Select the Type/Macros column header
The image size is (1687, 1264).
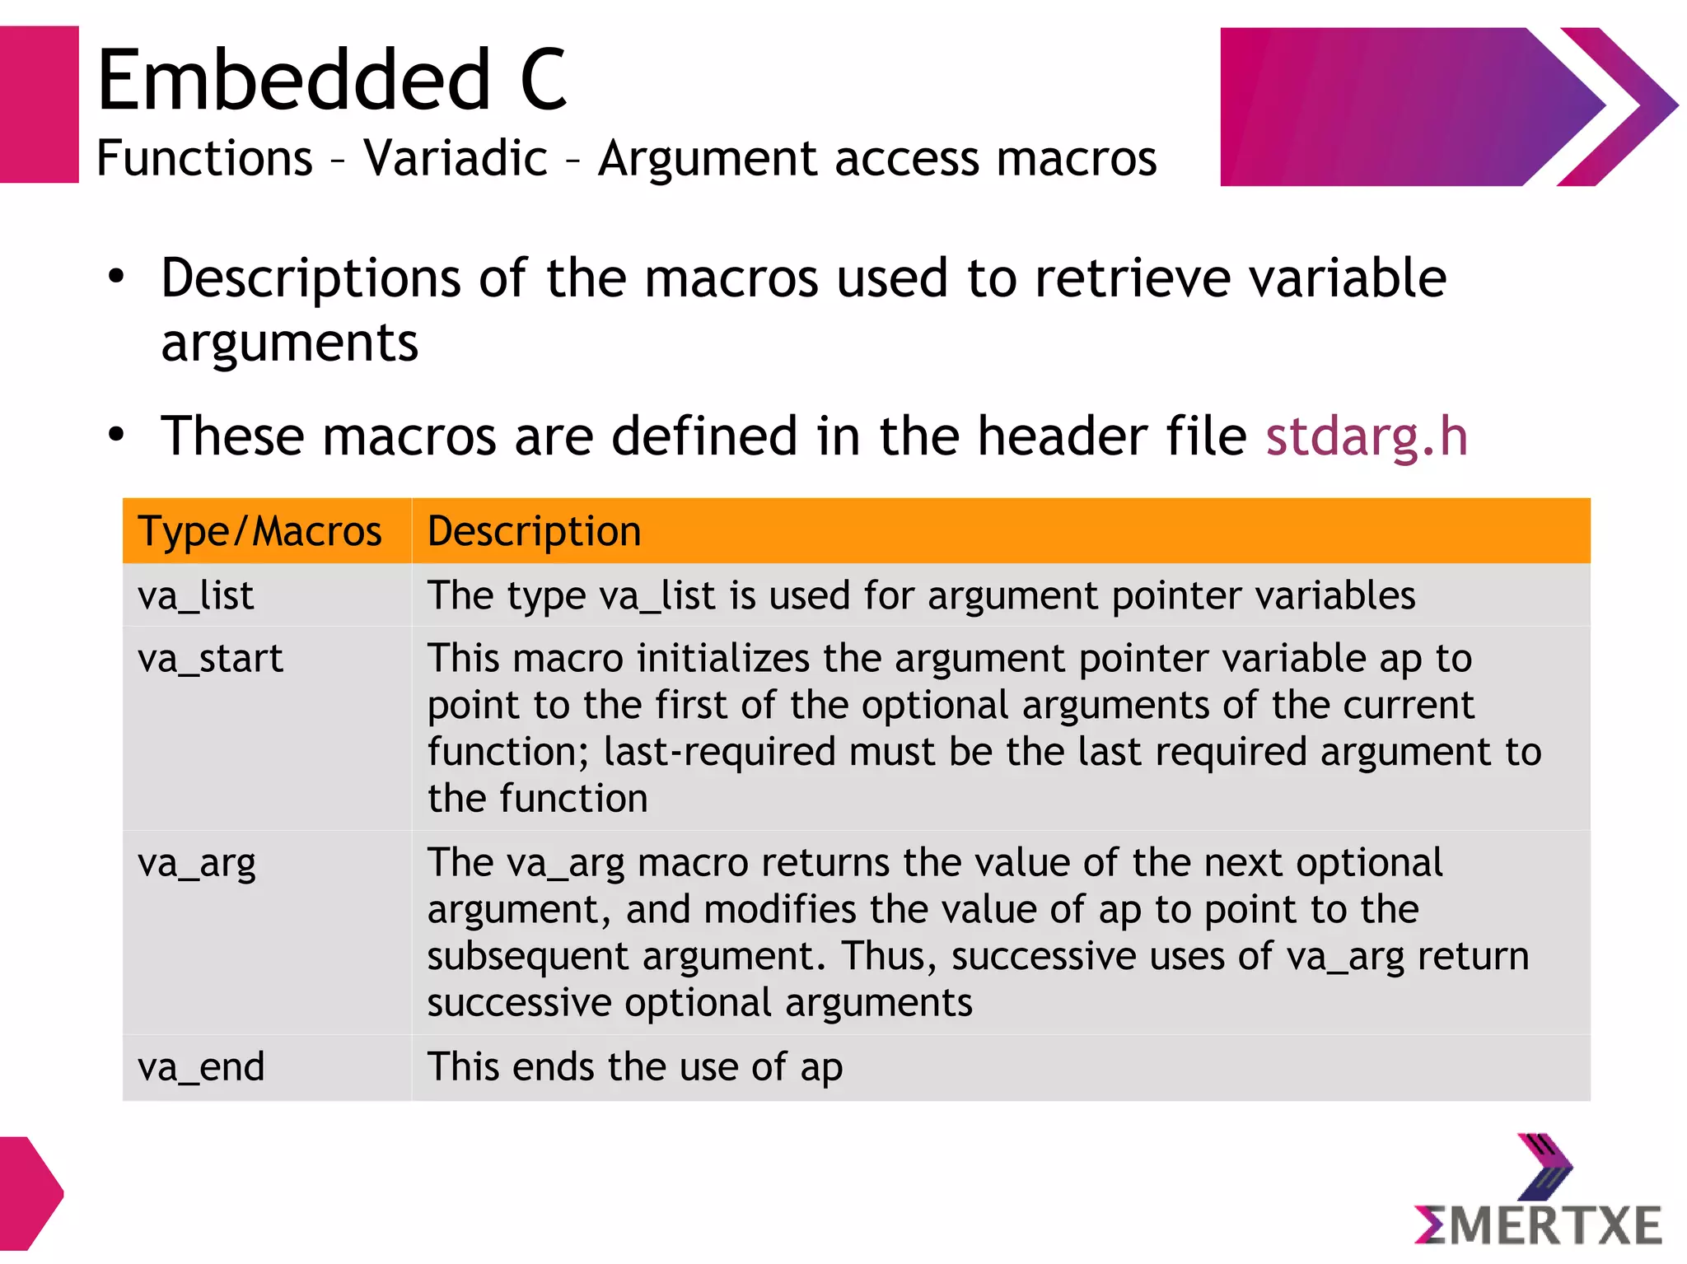[259, 531]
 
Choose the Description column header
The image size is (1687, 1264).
[534, 531]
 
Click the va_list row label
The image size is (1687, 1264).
[196, 595]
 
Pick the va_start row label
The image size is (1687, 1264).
[210, 659]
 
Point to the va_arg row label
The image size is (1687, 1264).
[197, 864]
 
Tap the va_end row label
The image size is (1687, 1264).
[201, 1067]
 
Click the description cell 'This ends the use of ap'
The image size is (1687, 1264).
[634, 1067]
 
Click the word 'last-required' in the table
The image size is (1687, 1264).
[719, 753]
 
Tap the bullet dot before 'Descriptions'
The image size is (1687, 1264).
[116, 277]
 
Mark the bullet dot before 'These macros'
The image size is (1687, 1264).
[116, 434]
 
